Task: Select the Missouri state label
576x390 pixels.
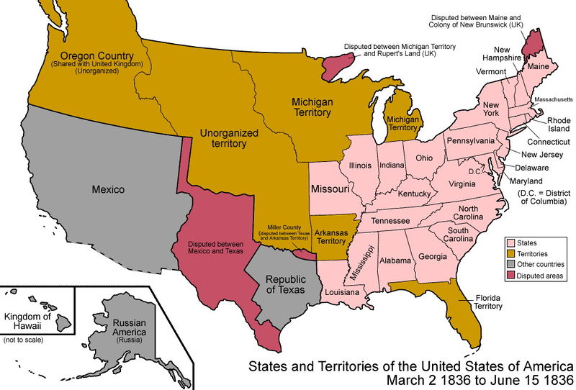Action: coord(330,189)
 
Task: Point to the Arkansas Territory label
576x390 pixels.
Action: coord(331,237)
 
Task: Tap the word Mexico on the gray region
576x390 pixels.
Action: coord(108,190)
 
